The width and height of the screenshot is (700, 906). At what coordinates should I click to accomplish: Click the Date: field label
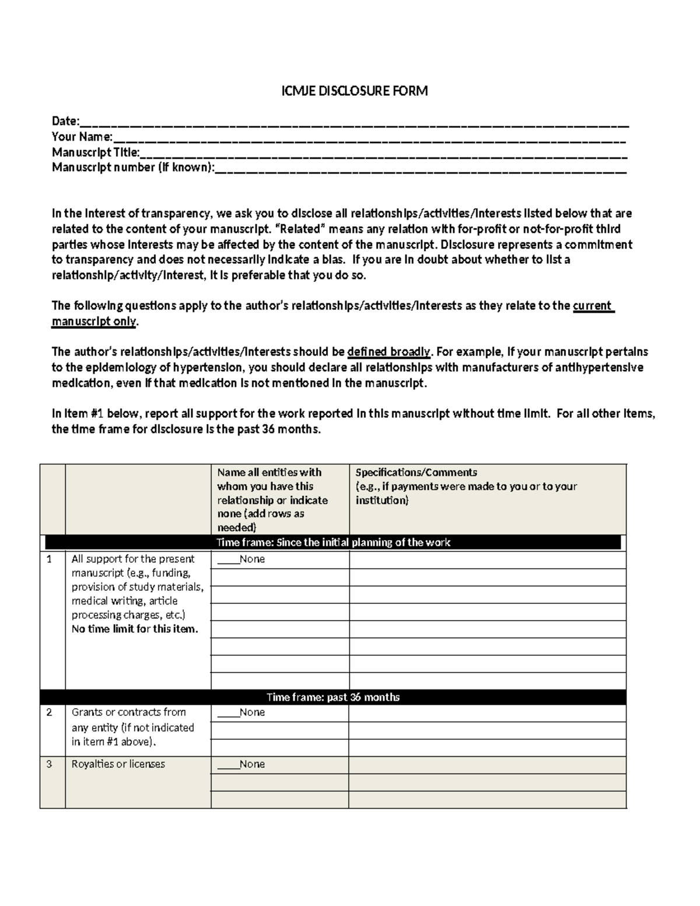[x=65, y=121]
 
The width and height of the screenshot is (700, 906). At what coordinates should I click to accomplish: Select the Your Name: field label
[x=82, y=137]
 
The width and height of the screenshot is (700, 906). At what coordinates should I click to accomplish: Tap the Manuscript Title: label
[x=96, y=152]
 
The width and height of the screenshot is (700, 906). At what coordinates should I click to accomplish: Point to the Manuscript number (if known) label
[x=133, y=167]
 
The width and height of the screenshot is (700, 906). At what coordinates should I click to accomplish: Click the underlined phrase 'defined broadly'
[x=388, y=352]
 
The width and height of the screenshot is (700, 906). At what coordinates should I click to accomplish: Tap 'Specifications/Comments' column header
[x=416, y=472]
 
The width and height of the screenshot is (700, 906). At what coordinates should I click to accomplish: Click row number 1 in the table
[x=50, y=559]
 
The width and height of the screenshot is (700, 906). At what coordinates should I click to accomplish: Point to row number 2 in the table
[x=50, y=712]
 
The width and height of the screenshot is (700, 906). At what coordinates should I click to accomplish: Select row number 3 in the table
[x=50, y=764]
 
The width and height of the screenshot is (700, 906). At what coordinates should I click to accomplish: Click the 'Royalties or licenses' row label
[x=118, y=764]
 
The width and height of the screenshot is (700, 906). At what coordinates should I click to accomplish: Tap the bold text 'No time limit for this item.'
[x=135, y=629]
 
